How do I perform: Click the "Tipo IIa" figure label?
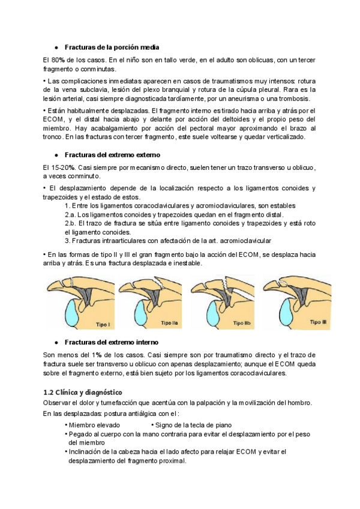(170, 323)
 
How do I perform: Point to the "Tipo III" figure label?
(317, 322)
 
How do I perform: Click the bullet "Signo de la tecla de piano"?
(187, 424)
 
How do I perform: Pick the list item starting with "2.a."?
(173, 214)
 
